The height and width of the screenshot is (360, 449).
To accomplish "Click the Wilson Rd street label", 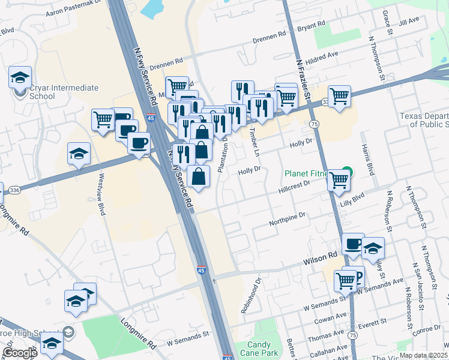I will (x=321, y=257).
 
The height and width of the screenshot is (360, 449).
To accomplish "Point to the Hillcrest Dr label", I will (x=294, y=188).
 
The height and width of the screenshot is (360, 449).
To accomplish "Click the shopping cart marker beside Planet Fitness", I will (x=339, y=179).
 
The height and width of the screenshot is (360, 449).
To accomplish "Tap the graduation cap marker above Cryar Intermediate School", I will (x=20, y=77).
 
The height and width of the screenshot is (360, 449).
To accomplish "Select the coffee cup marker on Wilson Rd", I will (x=352, y=244).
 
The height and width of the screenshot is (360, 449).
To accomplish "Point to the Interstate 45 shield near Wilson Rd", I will (x=200, y=271).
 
